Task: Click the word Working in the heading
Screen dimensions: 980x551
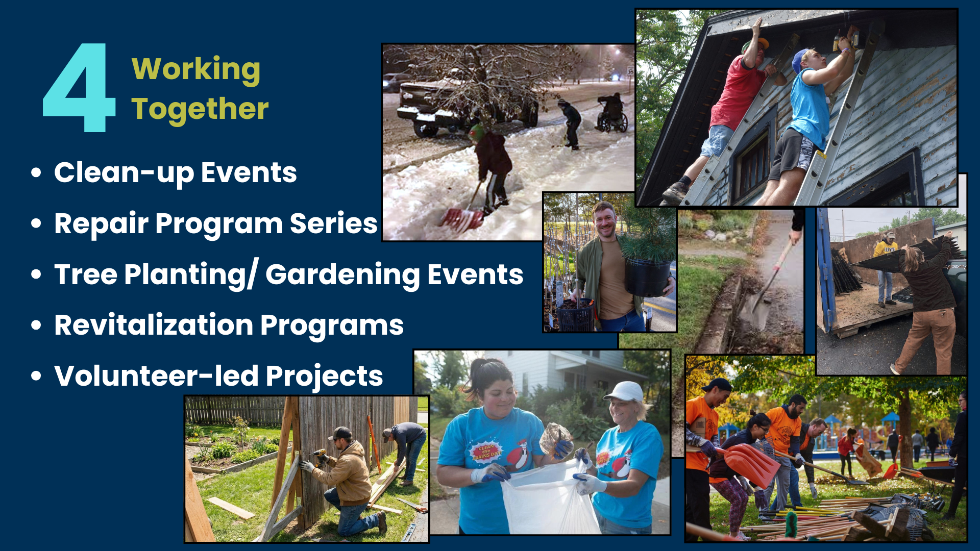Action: click(x=196, y=69)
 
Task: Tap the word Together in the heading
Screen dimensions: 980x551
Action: click(x=200, y=109)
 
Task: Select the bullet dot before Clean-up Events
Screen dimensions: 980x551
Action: click(x=36, y=172)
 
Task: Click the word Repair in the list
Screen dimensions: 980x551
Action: click(x=101, y=224)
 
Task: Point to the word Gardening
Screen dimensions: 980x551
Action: click(x=342, y=275)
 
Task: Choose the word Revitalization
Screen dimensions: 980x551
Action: click(x=154, y=325)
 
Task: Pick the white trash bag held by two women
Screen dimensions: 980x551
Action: click(x=549, y=497)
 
